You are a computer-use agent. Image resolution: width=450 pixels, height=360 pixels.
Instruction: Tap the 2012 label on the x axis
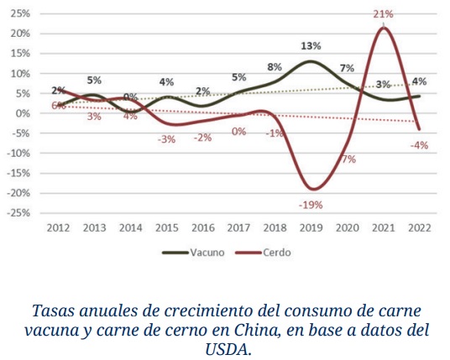pos(58,227)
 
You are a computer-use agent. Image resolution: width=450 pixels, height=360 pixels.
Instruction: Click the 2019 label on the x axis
pos(311,227)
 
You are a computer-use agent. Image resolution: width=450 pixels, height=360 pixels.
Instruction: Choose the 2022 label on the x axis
pos(420,227)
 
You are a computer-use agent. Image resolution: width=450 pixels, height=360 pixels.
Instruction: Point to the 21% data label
pos(384,14)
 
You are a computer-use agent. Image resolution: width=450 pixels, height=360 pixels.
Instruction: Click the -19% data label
pos(311,204)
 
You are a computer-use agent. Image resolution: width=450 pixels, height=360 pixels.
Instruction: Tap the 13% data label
pos(311,46)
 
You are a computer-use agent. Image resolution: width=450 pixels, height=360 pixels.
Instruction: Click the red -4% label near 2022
pos(420,144)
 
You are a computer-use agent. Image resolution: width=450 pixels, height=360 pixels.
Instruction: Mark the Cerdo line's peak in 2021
pos(384,28)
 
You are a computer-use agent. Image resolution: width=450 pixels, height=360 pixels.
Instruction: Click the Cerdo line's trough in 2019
pos(312,189)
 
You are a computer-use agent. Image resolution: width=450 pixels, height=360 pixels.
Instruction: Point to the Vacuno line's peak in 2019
pos(311,61)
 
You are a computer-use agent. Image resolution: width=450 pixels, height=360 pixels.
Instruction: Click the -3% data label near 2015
pos(166,138)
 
